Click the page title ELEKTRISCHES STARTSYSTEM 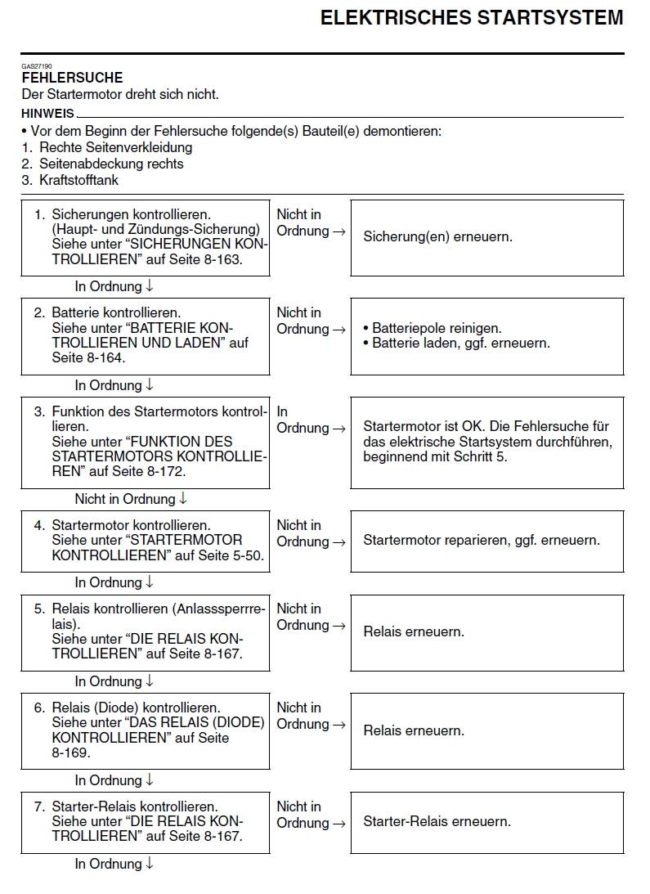tap(471, 18)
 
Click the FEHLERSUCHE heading tap(72, 78)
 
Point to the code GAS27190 tap(36, 65)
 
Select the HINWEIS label tap(47, 114)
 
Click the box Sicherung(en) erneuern tap(486, 237)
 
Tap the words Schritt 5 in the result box tap(478, 456)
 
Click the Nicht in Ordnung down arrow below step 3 tap(183, 498)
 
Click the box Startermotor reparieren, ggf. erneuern tap(486, 541)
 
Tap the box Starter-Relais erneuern tap(486, 821)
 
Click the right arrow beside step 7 tap(338, 823)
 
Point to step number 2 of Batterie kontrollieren tap(38, 312)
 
